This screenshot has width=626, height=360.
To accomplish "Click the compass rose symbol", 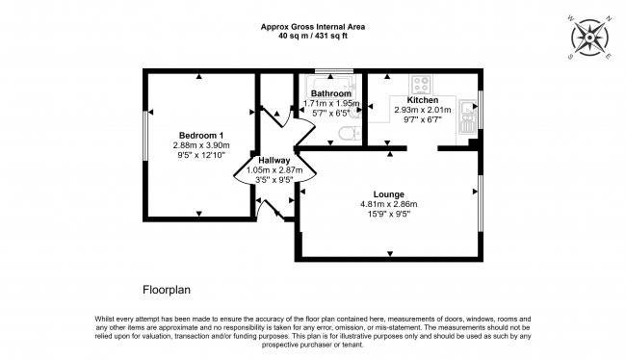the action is [589, 38].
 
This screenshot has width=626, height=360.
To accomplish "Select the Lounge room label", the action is [388, 194].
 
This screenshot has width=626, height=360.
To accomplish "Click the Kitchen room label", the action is [423, 100].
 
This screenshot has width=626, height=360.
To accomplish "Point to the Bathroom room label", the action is [331, 93].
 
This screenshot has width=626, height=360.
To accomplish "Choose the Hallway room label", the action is [274, 161].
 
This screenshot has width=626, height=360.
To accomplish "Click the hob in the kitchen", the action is [421, 84].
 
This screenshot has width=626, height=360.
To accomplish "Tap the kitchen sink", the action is [467, 116].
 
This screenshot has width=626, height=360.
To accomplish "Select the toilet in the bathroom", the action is [351, 133].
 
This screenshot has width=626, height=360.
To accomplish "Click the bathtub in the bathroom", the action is [330, 87].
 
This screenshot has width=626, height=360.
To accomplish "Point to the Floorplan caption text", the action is [167, 290].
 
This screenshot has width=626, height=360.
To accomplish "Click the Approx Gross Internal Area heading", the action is [313, 27].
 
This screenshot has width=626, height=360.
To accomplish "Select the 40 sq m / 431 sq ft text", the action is [313, 36].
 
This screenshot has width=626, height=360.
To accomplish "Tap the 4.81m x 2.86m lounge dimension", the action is [389, 204].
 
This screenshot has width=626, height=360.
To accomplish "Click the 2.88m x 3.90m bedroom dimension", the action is [201, 145].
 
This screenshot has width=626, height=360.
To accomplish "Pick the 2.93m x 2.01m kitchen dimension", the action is [423, 110].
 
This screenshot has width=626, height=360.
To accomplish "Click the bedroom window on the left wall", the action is [145, 136].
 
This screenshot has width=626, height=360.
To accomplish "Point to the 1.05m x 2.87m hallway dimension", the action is [274, 170].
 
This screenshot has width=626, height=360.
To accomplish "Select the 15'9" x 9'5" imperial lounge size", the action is [389, 214].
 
